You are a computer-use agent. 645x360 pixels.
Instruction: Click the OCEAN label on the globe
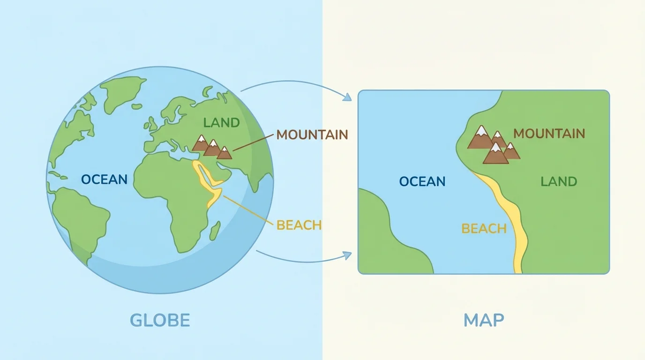pos(104,180)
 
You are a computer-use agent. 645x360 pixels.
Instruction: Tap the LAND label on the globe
pos(221,123)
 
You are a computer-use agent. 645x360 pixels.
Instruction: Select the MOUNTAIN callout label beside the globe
pos(312,135)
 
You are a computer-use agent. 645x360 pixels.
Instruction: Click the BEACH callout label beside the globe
pos(299,225)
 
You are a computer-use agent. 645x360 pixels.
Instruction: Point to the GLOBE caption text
pos(160,320)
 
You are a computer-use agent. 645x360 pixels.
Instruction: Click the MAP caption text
pos(483,320)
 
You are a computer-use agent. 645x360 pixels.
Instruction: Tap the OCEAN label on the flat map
pos(422,181)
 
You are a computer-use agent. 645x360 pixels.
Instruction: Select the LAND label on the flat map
pos(558,181)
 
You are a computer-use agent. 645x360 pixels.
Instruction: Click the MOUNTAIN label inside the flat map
pos(549,134)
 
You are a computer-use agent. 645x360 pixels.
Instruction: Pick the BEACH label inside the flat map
pos(484,229)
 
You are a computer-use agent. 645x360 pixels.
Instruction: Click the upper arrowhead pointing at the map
pos(347,97)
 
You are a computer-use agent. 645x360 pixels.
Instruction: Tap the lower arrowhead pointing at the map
pos(347,255)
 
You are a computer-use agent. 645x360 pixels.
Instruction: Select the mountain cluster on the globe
pos(212,146)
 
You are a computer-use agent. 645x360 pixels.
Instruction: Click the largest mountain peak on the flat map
pos(480,138)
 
